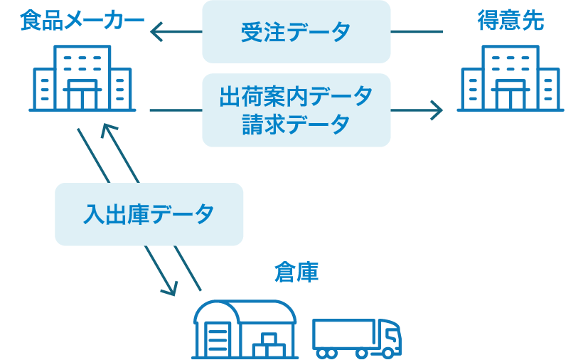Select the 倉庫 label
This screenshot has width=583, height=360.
coord(296,272)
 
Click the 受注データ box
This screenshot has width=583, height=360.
coord(296,32)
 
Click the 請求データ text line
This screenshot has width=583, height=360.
coord(296,124)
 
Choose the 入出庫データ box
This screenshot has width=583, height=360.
coord(149,214)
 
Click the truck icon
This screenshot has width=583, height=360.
coord(356,337)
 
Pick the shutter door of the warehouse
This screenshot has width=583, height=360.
coord(218,338)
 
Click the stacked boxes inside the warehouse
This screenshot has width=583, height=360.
coord(267,345)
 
